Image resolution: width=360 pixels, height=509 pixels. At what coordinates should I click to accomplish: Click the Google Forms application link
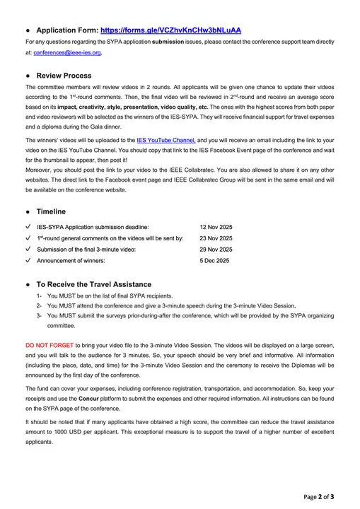(x=170, y=30)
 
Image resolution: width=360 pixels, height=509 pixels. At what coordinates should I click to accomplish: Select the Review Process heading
(x=64, y=75)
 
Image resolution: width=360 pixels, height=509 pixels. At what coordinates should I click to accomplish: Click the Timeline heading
(x=51, y=211)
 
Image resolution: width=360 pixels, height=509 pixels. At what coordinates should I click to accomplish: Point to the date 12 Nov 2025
(x=216, y=227)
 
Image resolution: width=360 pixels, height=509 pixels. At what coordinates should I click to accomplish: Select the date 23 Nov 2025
(x=216, y=238)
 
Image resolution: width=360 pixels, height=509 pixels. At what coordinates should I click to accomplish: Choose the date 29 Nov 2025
(x=216, y=250)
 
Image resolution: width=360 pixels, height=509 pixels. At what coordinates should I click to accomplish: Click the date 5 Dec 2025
(x=214, y=261)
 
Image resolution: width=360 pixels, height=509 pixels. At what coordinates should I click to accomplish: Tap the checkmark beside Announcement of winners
(x=27, y=261)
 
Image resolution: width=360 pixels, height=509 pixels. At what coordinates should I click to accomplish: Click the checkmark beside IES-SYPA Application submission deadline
(x=27, y=227)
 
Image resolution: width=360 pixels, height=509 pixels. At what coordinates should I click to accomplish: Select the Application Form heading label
(x=66, y=30)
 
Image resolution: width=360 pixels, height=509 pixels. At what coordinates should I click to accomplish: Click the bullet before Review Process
(x=27, y=75)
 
